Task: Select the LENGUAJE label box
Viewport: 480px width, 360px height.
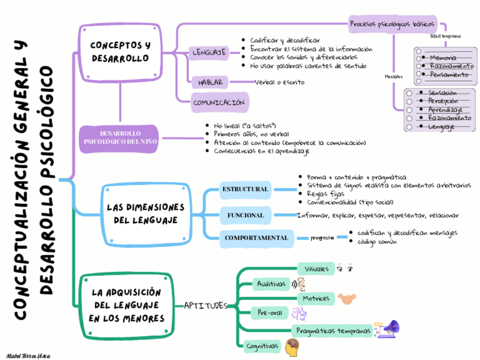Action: [x=209, y=53]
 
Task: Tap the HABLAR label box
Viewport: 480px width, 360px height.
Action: [x=210, y=83]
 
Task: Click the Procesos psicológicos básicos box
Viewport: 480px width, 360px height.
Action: [x=392, y=24]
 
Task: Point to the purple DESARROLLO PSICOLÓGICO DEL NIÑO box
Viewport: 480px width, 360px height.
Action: [x=119, y=138]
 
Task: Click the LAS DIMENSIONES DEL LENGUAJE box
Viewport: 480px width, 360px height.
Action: [x=145, y=213]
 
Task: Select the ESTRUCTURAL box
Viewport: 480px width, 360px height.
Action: [x=245, y=188]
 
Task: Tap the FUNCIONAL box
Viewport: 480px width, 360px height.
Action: [x=245, y=215]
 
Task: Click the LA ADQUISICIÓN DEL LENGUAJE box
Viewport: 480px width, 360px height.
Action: [x=127, y=306]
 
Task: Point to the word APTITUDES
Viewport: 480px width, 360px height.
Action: [x=205, y=306]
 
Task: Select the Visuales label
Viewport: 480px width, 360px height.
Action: [x=316, y=268]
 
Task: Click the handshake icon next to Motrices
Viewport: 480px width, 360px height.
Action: [x=346, y=298]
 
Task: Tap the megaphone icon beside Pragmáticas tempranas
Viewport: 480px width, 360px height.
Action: [x=391, y=329]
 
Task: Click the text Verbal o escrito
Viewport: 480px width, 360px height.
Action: [x=280, y=83]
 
